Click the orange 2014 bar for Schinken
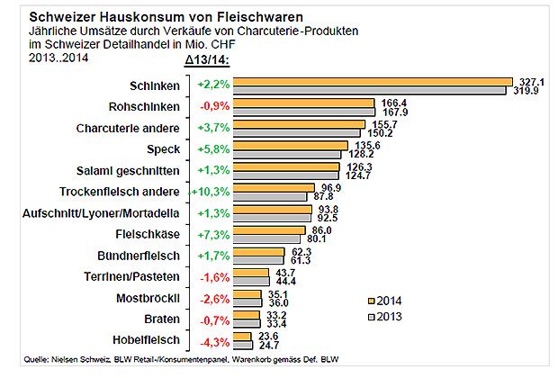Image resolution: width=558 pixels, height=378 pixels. point(372,81)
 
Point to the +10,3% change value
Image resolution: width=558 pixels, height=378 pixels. point(208,193)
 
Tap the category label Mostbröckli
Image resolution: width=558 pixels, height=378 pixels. point(148,299)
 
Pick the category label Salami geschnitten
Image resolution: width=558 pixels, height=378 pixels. point(131,171)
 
